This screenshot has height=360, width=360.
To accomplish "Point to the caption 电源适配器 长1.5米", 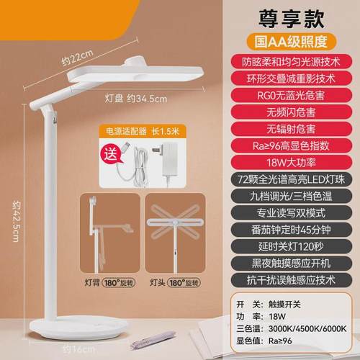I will click(140, 132).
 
